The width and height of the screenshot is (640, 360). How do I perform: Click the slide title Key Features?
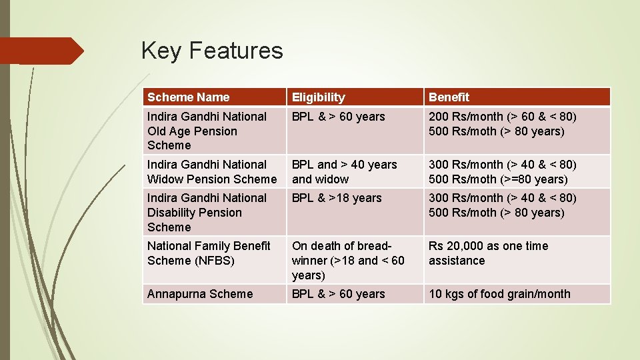212,51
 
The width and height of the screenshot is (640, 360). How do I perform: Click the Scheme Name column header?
188,97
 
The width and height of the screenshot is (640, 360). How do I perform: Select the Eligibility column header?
319,97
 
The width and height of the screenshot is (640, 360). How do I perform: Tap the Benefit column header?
449,97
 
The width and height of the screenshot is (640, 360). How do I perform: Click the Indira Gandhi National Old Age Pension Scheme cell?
207,131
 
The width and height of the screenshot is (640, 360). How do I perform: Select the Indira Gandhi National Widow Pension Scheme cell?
211,171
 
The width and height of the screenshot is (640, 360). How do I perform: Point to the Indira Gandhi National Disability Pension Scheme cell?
207,212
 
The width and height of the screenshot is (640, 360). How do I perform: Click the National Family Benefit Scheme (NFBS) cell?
209,253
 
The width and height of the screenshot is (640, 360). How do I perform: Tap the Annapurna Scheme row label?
200,294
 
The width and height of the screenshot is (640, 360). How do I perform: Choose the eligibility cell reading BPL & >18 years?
337,198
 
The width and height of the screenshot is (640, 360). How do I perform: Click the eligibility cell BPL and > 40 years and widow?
344,171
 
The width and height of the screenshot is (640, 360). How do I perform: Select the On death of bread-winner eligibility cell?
348,260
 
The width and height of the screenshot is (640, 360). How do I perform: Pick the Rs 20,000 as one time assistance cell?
488,253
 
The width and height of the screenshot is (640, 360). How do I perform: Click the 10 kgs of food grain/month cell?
499,294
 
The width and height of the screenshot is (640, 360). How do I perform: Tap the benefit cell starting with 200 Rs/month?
502,124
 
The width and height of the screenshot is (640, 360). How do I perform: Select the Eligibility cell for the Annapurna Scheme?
338,294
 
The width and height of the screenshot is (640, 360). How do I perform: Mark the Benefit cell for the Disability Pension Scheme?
502,205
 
